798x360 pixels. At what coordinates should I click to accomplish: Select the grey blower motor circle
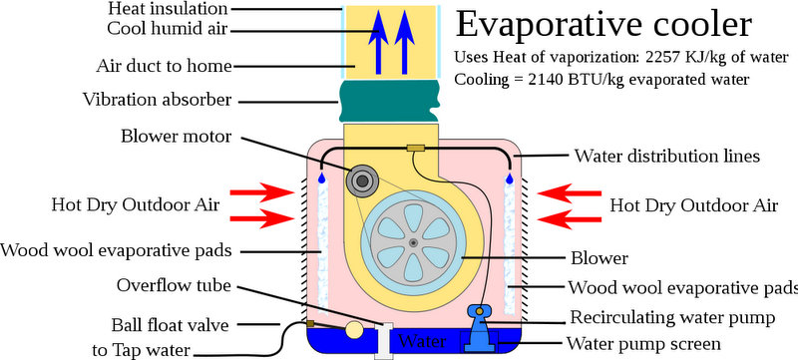tap(360, 181)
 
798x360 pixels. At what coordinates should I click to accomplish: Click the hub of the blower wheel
tap(413, 243)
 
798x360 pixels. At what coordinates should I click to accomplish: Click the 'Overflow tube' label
tap(175, 285)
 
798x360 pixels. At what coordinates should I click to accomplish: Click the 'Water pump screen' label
tap(643, 345)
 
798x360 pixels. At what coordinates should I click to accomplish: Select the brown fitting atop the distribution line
tap(417, 150)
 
